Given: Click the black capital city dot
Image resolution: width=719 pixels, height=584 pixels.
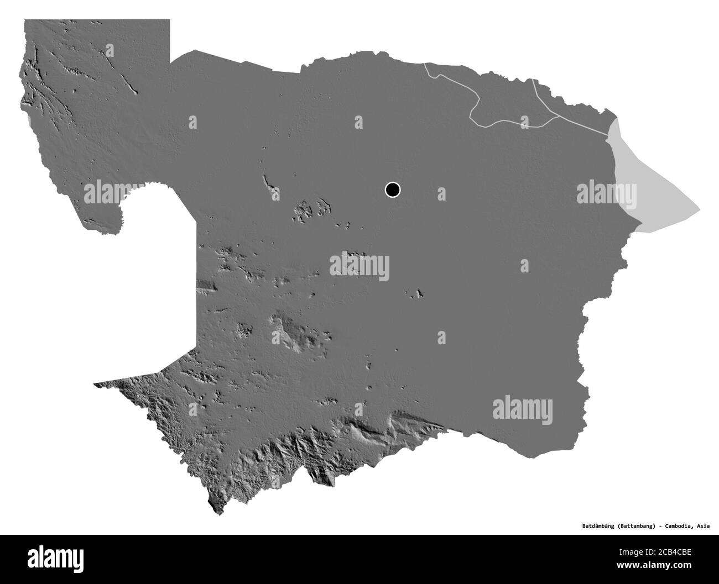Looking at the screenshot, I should (392, 190).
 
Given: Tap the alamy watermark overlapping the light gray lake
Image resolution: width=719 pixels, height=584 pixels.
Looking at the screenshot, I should (606, 193).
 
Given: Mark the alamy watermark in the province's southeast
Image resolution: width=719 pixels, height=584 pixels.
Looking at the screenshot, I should (522, 409).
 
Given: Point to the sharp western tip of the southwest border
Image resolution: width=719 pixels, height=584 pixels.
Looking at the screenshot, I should (95, 383).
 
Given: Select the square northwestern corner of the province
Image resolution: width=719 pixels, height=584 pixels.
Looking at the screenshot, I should (25, 21).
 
